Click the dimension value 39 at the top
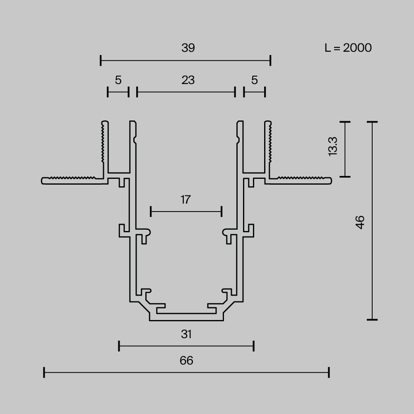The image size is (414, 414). click(188, 48)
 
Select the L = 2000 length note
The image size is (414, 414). click(348, 48)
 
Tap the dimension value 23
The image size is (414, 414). click(188, 80)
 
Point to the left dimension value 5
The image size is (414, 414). click(118, 80)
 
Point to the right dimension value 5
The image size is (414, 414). click(254, 80)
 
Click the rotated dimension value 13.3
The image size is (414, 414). click(333, 146)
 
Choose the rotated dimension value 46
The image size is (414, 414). click(360, 222)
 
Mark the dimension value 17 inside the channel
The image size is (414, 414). click(185, 200)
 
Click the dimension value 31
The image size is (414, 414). click(186, 334)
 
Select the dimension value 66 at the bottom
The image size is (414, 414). click(186, 361)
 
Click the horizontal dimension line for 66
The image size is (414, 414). click(186, 373)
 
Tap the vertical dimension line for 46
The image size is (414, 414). click(372, 221)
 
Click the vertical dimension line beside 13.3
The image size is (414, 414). click(345, 149)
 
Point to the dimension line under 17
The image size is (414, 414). click(186, 212)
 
